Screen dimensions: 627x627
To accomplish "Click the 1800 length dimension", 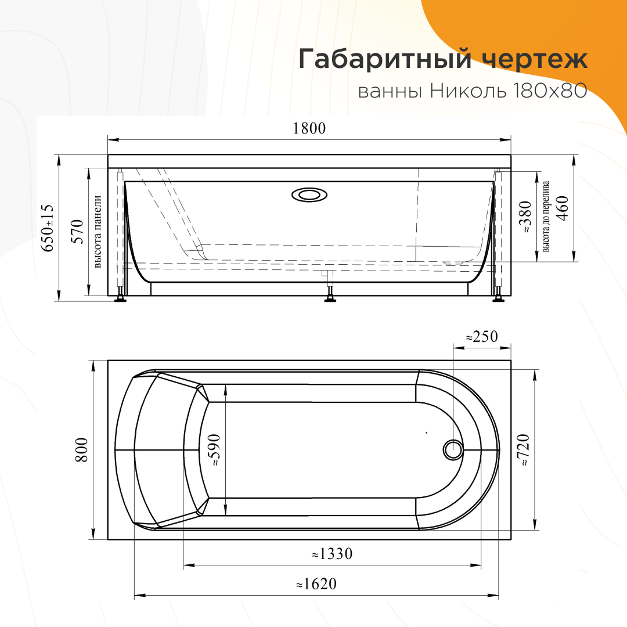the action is coord(309,128).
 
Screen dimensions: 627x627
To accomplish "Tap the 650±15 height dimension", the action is coord(48,228).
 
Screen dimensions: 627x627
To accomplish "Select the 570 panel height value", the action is coord(77,232).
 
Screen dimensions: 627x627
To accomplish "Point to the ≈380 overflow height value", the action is coord(525,217).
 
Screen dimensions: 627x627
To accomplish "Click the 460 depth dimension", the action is coord(563,208).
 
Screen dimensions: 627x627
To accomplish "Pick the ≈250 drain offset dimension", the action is coord(482,337).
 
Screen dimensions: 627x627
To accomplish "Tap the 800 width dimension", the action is coord(82,451).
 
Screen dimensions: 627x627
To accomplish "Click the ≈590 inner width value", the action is coord(214,451).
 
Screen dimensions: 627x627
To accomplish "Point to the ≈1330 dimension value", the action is coord(332,554).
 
